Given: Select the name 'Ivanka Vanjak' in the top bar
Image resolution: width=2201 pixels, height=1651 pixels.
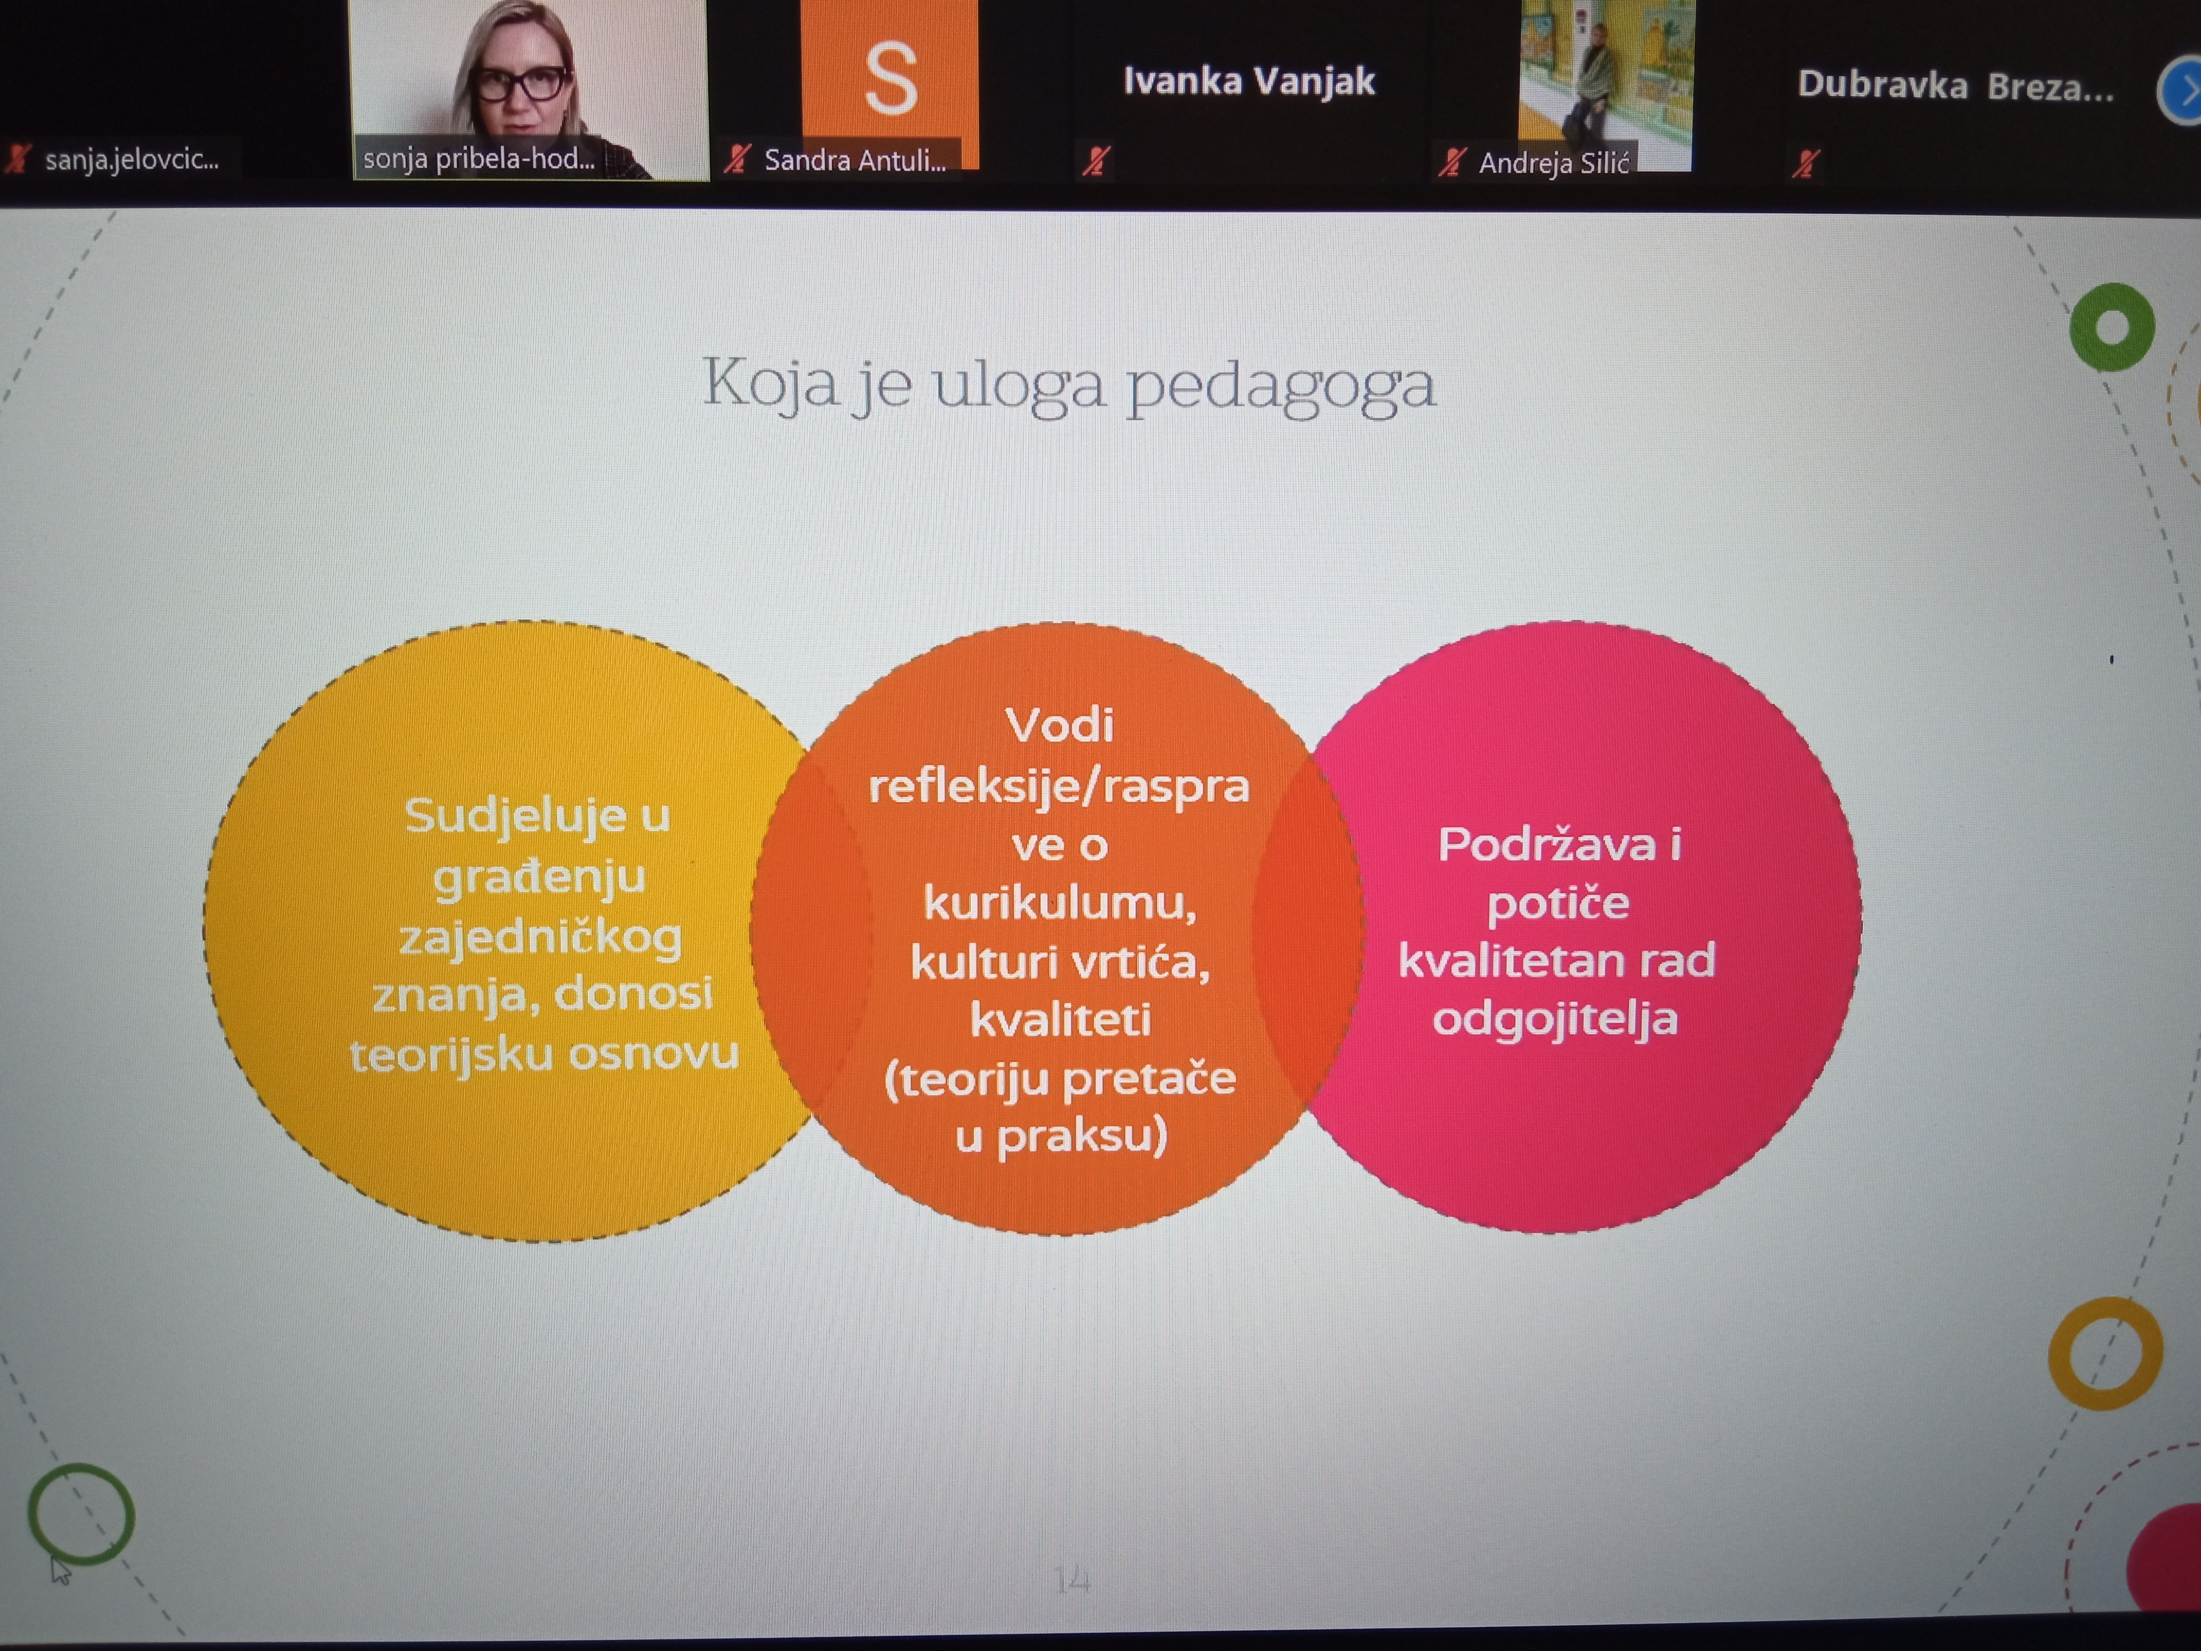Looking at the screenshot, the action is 1249,80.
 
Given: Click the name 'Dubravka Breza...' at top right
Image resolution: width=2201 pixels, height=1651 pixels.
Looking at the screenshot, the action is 1955,87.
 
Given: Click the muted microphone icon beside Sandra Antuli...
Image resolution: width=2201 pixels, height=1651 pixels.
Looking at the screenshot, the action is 736,159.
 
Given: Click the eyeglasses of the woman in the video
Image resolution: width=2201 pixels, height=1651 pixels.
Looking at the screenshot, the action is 521,84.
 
